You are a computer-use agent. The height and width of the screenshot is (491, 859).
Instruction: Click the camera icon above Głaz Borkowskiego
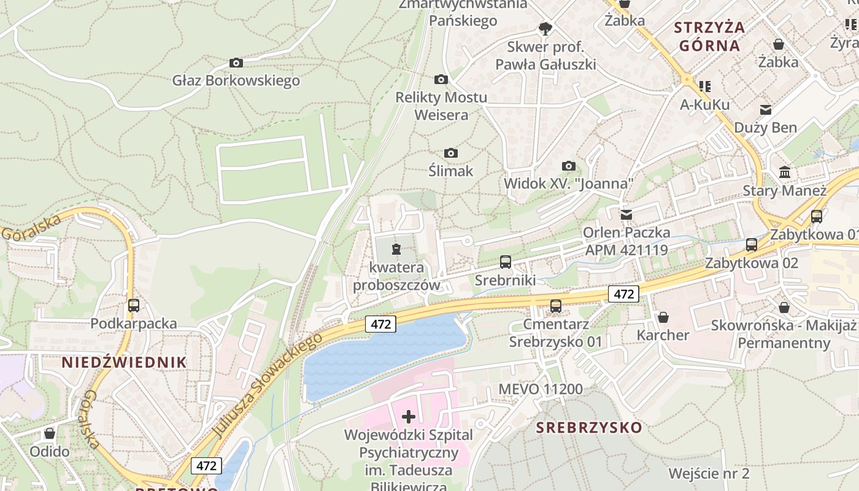(236, 63)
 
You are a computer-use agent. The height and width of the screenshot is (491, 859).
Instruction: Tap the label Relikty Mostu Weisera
(441, 106)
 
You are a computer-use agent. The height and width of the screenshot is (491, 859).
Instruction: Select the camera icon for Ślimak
(451, 153)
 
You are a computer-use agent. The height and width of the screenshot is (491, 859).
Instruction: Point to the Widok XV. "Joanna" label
(568, 184)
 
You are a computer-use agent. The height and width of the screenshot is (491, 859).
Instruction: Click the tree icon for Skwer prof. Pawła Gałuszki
(545, 28)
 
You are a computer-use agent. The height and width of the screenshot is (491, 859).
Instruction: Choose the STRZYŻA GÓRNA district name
(709, 36)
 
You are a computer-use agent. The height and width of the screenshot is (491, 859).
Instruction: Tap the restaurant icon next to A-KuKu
(705, 87)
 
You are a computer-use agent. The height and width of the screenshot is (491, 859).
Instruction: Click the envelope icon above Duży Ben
(766, 110)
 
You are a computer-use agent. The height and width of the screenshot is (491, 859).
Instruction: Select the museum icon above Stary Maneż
(785, 172)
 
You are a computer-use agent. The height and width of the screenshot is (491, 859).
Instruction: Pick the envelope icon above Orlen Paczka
(626, 215)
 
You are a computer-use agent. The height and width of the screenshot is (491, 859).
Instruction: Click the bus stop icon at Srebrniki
(506, 262)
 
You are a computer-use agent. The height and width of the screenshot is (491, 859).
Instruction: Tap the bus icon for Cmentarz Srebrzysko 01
(556, 306)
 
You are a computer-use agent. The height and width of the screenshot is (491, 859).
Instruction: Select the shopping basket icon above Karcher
(663, 317)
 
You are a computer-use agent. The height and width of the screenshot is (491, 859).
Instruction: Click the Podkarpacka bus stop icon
(134, 305)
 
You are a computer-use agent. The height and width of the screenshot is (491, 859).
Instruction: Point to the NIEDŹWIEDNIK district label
(124, 362)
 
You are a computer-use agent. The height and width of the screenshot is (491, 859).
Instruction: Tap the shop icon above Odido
(50, 433)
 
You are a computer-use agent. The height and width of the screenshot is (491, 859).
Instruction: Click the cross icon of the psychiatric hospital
(409, 417)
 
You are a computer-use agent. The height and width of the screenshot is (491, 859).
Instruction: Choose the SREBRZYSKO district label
(589, 427)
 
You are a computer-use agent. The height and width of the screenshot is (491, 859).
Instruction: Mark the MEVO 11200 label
(541, 389)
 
